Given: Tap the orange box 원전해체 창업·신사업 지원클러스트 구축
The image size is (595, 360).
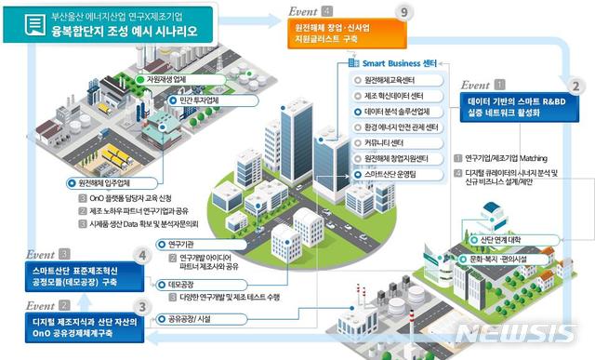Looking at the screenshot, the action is click(x=337, y=34).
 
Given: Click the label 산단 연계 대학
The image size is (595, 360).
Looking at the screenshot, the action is click(x=505, y=240).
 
